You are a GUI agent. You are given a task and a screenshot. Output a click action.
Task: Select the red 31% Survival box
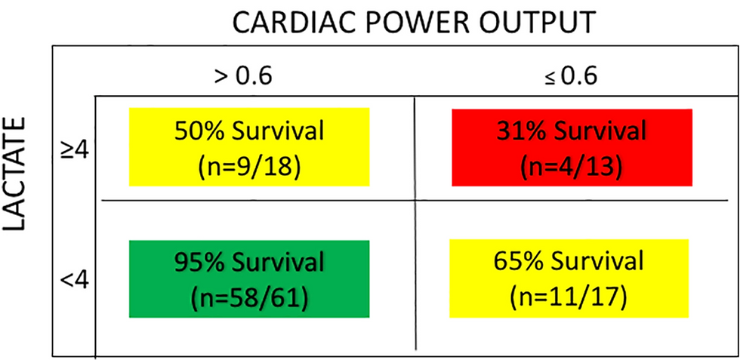572,147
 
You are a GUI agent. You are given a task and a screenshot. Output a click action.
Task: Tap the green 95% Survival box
249,278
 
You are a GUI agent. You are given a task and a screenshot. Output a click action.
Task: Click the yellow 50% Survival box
249,147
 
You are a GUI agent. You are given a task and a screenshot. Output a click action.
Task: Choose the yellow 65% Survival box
569,278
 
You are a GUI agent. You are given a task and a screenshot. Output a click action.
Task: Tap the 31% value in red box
520,131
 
